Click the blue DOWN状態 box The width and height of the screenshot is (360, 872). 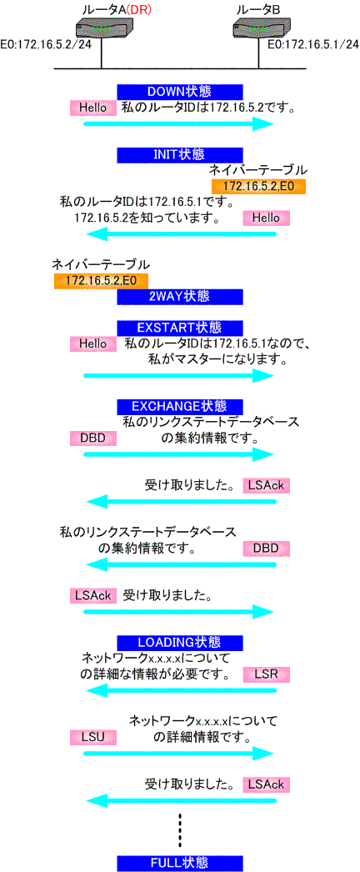(180, 92)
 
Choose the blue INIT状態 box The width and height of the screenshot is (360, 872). (180, 154)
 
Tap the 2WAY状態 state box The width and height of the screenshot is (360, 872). (180, 297)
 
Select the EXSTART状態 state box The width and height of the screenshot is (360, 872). (180, 328)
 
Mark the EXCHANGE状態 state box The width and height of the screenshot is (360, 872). (180, 406)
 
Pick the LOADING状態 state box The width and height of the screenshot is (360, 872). (180, 643)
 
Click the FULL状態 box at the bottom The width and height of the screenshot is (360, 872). (180, 863)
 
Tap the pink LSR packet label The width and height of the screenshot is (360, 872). (267, 674)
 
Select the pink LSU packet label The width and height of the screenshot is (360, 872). (93, 738)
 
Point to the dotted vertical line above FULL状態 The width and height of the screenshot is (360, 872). (180, 829)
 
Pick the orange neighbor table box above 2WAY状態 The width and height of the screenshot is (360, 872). (101, 282)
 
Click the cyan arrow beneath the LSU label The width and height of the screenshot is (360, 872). (179, 754)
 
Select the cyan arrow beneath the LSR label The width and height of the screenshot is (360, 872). (181, 690)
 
